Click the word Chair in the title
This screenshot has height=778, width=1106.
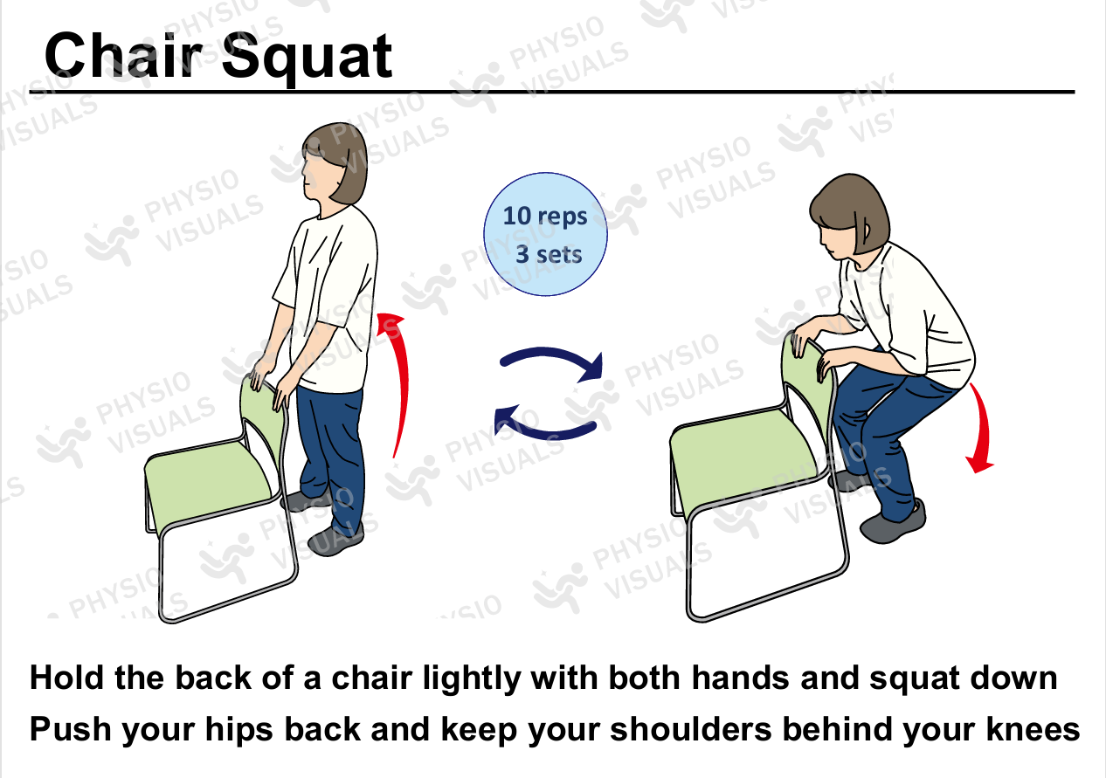pyautogui.click(x=124, y=55)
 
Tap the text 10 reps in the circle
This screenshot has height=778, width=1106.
pyautogui.click(x=545, y=217)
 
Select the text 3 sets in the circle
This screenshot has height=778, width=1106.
pyautogui.click(x=549, y=254)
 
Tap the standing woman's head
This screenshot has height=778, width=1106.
pyautogui.click(x=335, y=163)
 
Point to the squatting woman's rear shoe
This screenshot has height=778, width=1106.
pyautogui.click(x=850, y=479)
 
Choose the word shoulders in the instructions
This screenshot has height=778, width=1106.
pyautogui.click(x=691, y=729)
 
